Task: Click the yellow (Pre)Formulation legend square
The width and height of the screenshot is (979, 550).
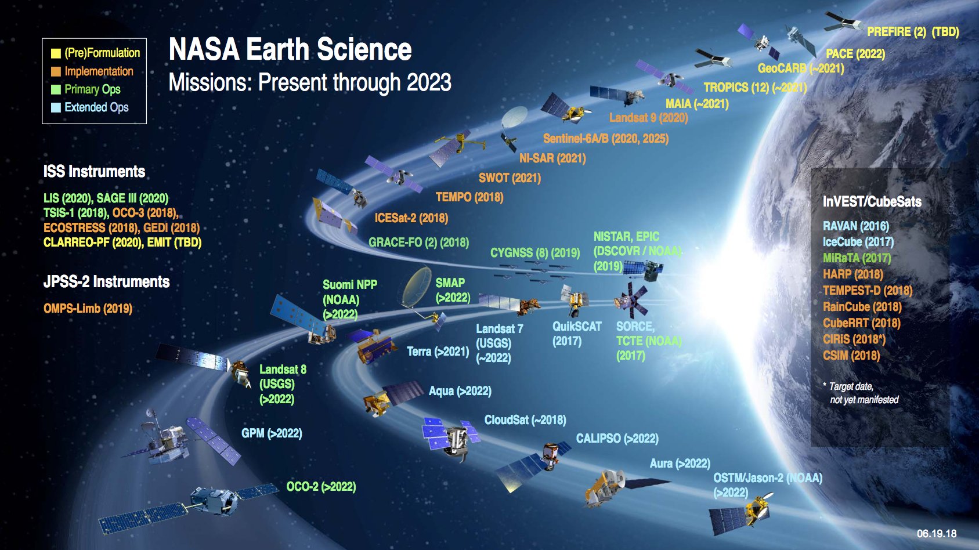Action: [x=56, y=53]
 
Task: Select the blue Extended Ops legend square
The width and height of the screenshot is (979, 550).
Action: [x=56, y=107]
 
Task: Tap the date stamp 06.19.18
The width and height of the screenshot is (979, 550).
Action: [x=937, y=533]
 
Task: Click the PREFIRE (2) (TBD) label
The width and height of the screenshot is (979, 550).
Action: [x=912, y=32]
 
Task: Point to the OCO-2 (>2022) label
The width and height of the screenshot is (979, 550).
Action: [x=321, y=487]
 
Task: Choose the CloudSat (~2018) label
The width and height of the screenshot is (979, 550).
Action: [x=525, y=420]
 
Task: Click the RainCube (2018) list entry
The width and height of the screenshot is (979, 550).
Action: [x=862, y=307]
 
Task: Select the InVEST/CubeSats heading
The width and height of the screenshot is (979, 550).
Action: [x=872, y=202]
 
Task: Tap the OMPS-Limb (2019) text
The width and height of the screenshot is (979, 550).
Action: [x=88, y=309]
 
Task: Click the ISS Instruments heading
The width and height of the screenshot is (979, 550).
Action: [x=94, y=172]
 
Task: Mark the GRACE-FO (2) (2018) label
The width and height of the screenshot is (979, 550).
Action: [x=418, y=243]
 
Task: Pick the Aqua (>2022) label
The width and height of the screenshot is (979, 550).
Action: [x=460, y=391]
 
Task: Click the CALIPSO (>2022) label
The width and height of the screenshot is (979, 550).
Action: [x=617, y=439]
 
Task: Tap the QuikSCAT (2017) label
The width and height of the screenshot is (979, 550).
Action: [x=576, y=334]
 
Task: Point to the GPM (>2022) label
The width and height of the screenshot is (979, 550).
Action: [x=272, y=433]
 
